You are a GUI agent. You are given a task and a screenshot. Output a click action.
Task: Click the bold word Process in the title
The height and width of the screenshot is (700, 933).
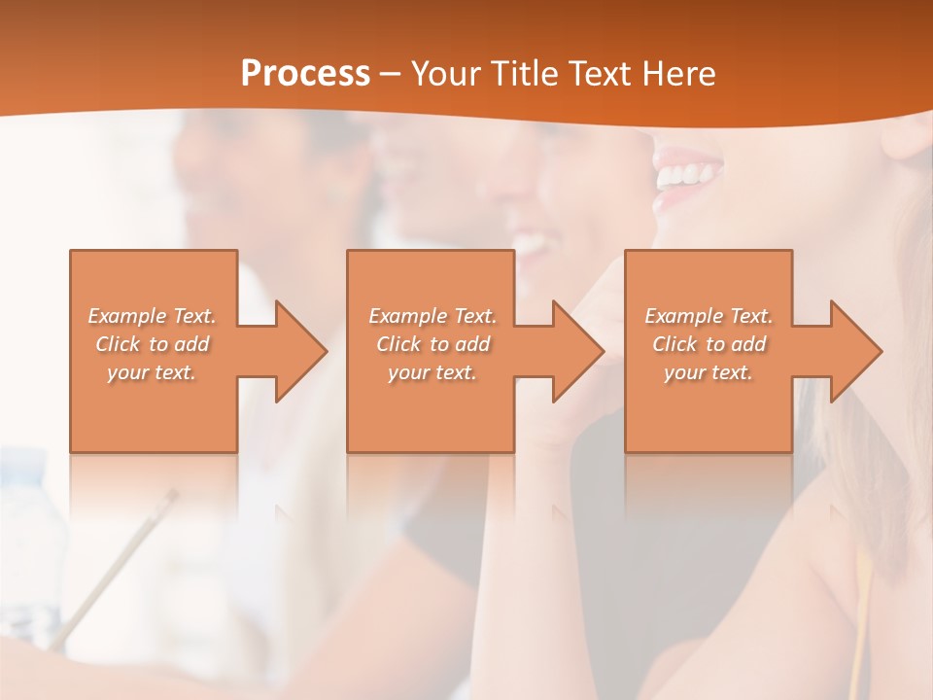coord(305,73)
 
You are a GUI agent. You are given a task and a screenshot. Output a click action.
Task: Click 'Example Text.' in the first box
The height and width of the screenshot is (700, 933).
coord(152,316)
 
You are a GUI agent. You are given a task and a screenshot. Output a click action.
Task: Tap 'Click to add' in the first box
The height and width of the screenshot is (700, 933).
coord(152,344)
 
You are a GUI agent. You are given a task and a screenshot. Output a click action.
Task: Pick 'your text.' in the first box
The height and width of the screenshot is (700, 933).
coord(152,372)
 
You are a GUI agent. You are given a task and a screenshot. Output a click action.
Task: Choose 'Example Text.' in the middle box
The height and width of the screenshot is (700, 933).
coord(432,316)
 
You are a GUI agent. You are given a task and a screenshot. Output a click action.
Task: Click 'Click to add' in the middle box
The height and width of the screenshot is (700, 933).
coord(432,344)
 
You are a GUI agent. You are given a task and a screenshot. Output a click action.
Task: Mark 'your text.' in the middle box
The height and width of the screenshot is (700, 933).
coord(432,372)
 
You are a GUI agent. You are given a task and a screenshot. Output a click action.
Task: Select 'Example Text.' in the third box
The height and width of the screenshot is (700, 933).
coord(708,316)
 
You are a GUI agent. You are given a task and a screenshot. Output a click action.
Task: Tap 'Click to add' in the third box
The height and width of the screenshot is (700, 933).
coord(708,344)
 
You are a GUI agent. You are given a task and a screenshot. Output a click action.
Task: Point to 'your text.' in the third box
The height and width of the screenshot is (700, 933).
coord(708,372)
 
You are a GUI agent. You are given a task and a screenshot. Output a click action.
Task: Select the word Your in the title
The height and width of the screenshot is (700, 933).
coord(444,73)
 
